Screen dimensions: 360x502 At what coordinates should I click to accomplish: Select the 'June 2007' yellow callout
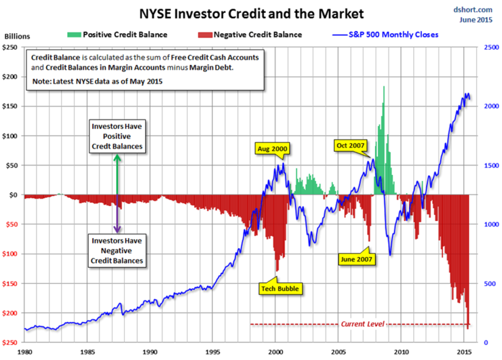(356, 258)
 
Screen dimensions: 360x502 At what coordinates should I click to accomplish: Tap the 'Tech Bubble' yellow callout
(279, 288)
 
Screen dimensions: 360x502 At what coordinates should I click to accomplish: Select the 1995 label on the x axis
(212, 353)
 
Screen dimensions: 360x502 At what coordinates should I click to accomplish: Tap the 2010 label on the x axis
(402, 353)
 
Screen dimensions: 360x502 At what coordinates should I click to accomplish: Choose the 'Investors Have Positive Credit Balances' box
(117, 137)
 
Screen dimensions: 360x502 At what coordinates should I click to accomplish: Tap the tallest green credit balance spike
(384, 95)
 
